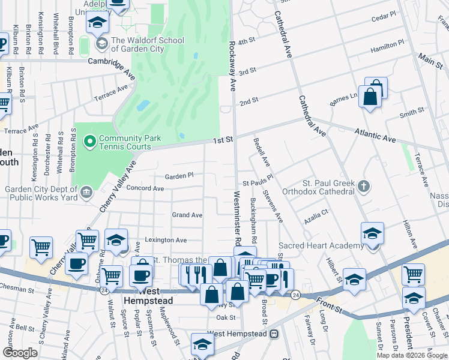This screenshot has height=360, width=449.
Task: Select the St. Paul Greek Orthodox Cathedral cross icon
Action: (363, 187)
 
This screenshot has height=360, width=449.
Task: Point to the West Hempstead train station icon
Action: (274, 333)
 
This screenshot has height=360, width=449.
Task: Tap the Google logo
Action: (20, 353)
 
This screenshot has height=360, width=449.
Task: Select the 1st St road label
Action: (222, 139)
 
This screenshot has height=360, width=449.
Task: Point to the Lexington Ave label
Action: (164, 240)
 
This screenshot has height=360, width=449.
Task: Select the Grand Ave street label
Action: (187, 215)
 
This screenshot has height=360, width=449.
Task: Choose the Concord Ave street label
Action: (145, 188)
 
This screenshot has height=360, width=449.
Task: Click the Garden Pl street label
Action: (179, 176)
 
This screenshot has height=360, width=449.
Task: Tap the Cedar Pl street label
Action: (384, 15)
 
